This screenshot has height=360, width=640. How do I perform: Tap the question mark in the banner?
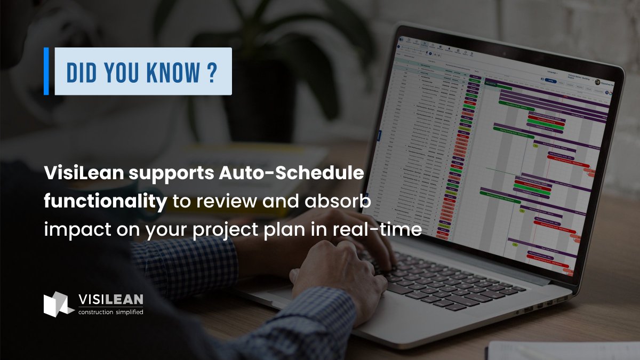212,71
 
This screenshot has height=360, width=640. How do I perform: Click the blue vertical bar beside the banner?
46,71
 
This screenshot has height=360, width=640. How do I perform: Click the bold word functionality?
105,202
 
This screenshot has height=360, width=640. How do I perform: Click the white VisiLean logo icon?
58,305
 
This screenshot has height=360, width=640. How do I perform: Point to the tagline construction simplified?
110,312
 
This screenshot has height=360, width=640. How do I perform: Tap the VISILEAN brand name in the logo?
110,300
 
